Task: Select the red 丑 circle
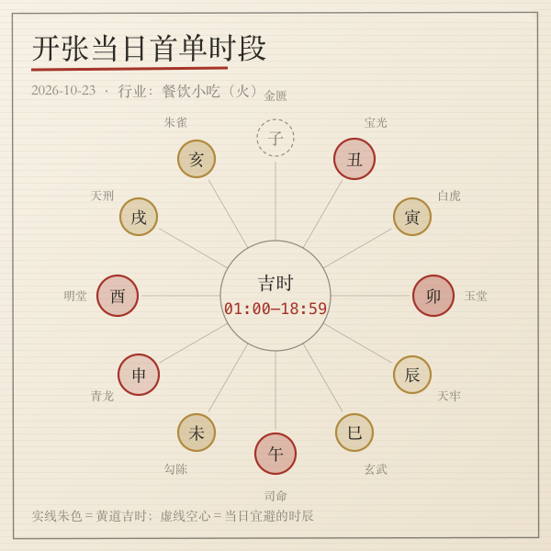click(354, 159)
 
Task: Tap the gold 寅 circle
click(412, 217)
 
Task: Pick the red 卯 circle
click(433, 296)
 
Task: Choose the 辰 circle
click(412, 375)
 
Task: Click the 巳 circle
click(354, 433)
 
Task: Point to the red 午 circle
click(275, 454)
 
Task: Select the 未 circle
click(197, 433)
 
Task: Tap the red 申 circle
click(139, 375)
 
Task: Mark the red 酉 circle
click(118, 296)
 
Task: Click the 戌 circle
click(139, 217)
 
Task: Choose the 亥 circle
click(197, 159)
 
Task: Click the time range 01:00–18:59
click(275, 309)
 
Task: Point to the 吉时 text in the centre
click(275, 283)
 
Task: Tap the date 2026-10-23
click(63, 90)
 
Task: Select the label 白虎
click(449, 196)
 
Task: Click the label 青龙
click(102, 396)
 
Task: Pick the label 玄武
click(376, 469)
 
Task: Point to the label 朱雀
click(175, 122)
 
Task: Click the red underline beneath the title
click(129, 69)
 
